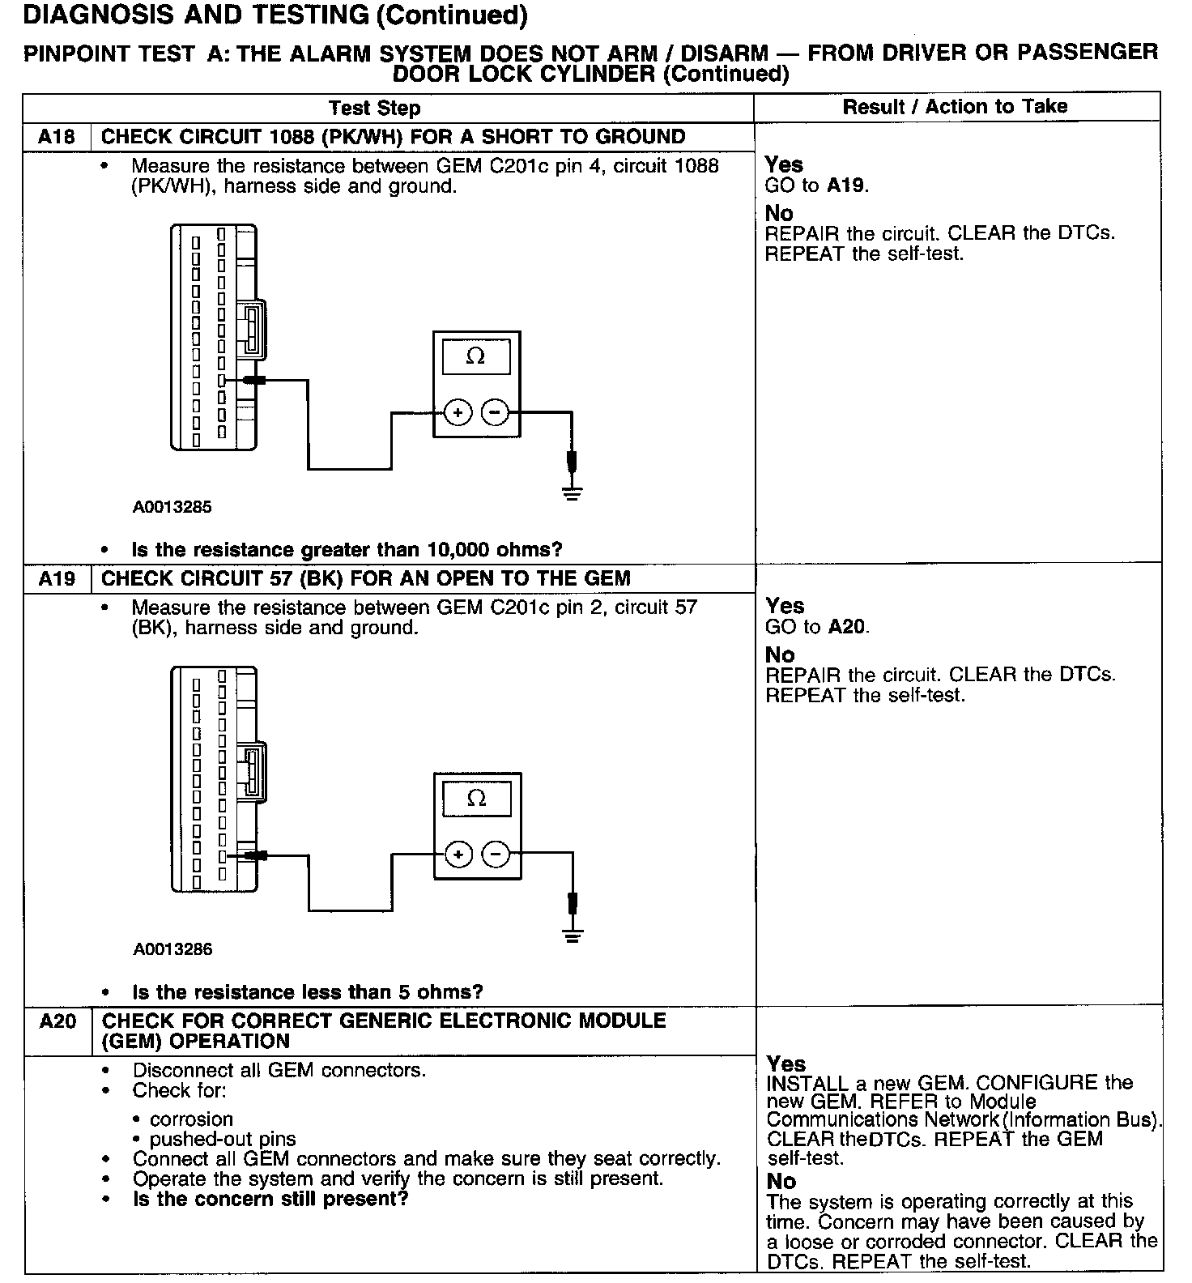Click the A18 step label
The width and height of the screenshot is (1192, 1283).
57,137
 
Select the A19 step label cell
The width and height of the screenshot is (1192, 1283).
57,578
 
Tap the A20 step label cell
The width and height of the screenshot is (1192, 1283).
57,1021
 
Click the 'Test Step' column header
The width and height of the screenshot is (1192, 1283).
374,109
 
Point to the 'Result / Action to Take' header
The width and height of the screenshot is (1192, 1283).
955,107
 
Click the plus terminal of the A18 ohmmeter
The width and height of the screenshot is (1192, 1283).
458,413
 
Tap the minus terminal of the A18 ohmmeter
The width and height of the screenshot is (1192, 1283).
495,413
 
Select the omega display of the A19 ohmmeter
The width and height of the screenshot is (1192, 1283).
477,799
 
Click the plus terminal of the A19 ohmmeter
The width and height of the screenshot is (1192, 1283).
458,854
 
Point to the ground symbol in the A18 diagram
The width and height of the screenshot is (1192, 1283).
573,493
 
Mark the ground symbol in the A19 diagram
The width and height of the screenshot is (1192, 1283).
573,936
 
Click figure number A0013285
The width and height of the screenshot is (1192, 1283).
172,507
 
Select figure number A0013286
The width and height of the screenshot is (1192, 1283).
173,949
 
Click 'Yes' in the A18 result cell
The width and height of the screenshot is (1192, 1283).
784,164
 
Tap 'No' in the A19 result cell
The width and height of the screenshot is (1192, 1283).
780,654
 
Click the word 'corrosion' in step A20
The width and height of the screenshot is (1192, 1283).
191,1119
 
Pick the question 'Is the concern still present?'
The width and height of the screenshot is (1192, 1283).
270,1199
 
